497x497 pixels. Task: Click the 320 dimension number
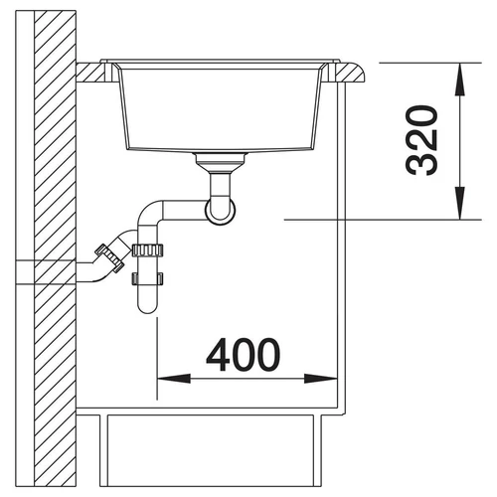coord(421,140)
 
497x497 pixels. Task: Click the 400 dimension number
coord(243,355)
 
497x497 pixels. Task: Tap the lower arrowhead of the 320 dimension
coord(459,203)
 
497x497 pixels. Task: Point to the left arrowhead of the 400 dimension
coord(174,379)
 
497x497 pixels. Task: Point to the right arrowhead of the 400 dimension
coord(320,379)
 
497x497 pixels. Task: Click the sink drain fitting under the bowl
coord(221,162)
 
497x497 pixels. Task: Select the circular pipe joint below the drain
coord(221,211)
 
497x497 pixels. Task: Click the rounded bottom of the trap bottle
coord(147,305)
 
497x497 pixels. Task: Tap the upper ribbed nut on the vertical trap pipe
coord(147,250)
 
